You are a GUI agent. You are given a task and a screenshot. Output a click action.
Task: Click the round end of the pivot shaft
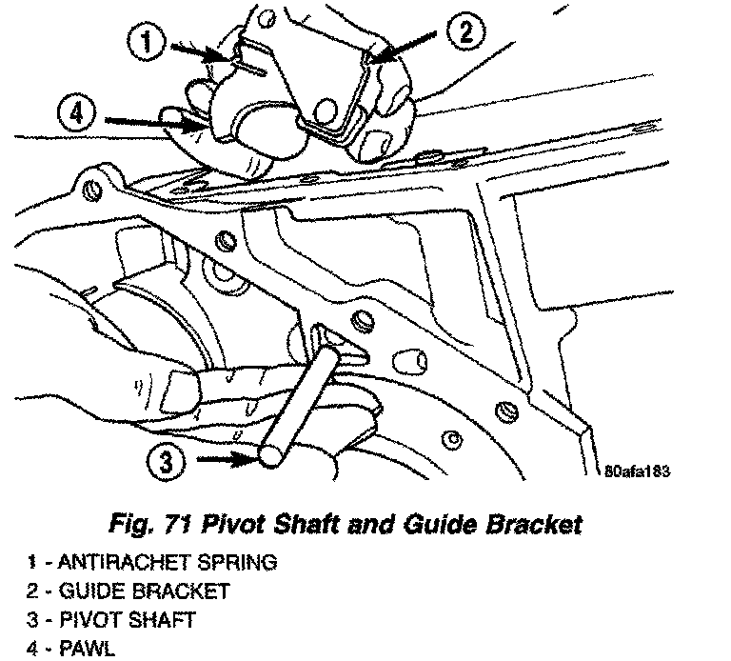272,455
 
